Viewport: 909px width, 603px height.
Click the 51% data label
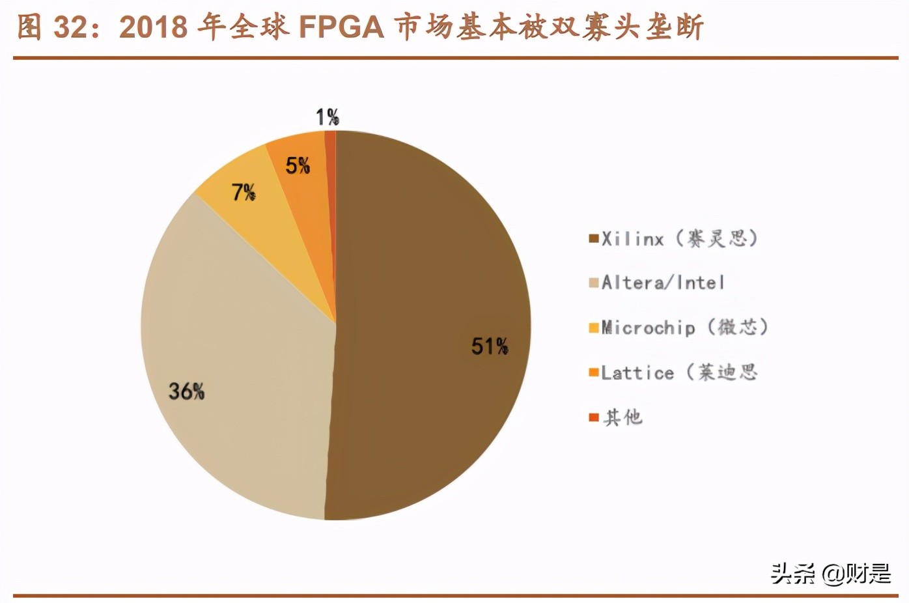pyautogui.click(x=490, y=346)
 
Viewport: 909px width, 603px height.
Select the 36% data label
pyautogui.click(x=186, y=391)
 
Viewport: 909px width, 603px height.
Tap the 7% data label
pyautogui.click(x=244, y=192)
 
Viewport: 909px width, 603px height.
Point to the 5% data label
pyautogui.click(x=298, y=165)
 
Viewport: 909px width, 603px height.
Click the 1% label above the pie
pyautogui.click(x=328, y=117)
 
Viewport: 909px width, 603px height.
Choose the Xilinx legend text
pyautogui.click(x=679, y=238)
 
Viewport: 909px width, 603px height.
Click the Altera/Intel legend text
pyautogui.click(x=662, y=283)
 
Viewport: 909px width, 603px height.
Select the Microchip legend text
pyautogui.click(x=684, y=327)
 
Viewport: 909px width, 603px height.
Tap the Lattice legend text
pyautogui.click(x=679, y=372)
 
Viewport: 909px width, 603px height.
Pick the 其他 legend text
pyautogui.click(x=623, y=417)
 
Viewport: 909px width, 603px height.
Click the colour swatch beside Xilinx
pyautogui.click(x=593, y=238)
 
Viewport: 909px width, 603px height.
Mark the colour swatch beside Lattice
pyautogui.click(x=593, y=372)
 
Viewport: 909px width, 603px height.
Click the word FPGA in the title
pyautogui.click(x=341, y=27)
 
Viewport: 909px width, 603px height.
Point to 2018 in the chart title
pyautogui.click(x=154, y=27)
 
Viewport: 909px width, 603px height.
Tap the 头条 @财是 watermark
pyautogui.click(x=830, y=574)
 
